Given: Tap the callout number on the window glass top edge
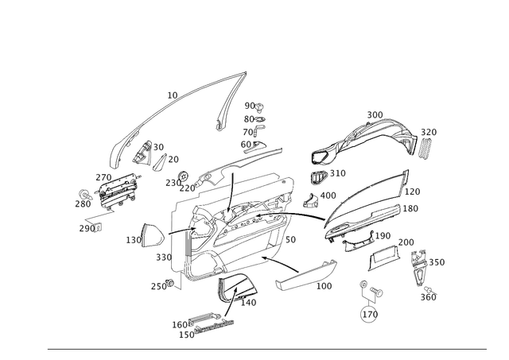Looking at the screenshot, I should click(170, 95).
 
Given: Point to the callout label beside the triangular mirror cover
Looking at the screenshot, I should click(132, 237).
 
